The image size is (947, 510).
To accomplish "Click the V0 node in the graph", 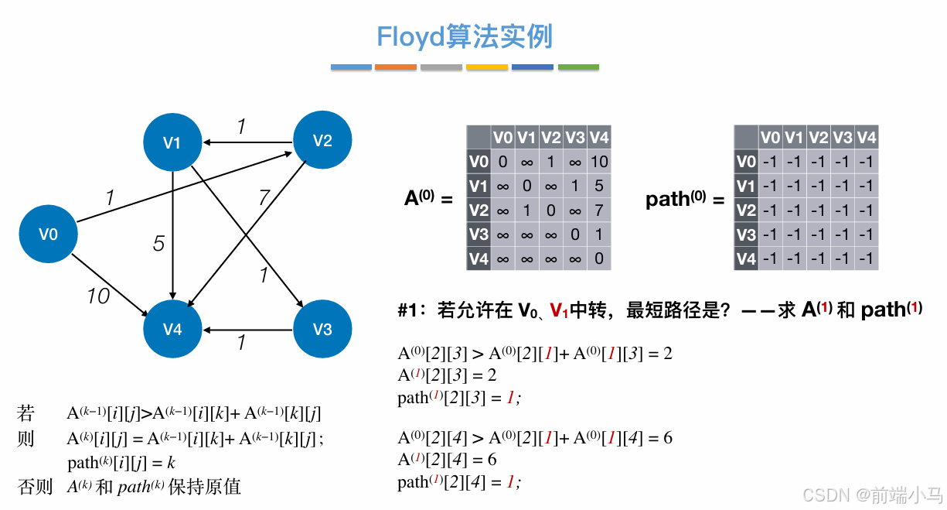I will (x=49, y=233).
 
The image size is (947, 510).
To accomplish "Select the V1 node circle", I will (x=172, y=142).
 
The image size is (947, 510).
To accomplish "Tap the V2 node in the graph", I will (x=322, y=140).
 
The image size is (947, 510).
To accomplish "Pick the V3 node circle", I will (x=322, y=330).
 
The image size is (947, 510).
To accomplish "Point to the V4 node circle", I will (x=172, y=330).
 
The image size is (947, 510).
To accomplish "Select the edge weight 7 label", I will (x=264, y=198).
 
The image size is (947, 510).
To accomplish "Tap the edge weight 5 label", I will (x=158, y=244).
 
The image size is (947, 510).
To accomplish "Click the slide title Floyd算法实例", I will (x=465, y=36).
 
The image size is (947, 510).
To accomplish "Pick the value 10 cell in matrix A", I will (x=599, y=162).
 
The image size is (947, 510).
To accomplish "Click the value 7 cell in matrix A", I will (x=599, y=211).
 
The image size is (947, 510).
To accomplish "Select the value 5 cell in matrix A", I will (x=599, y=186).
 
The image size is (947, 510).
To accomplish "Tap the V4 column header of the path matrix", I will (x=867, y=138).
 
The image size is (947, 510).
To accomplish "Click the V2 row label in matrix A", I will (x=479, y=211).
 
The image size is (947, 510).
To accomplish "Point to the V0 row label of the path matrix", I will (x=746, y=162).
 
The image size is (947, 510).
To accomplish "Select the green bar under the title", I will (x=578, y=67).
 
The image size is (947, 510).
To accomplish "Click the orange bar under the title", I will (x=396, y=67).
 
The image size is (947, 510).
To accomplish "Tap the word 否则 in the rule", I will (x=35, y=486).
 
